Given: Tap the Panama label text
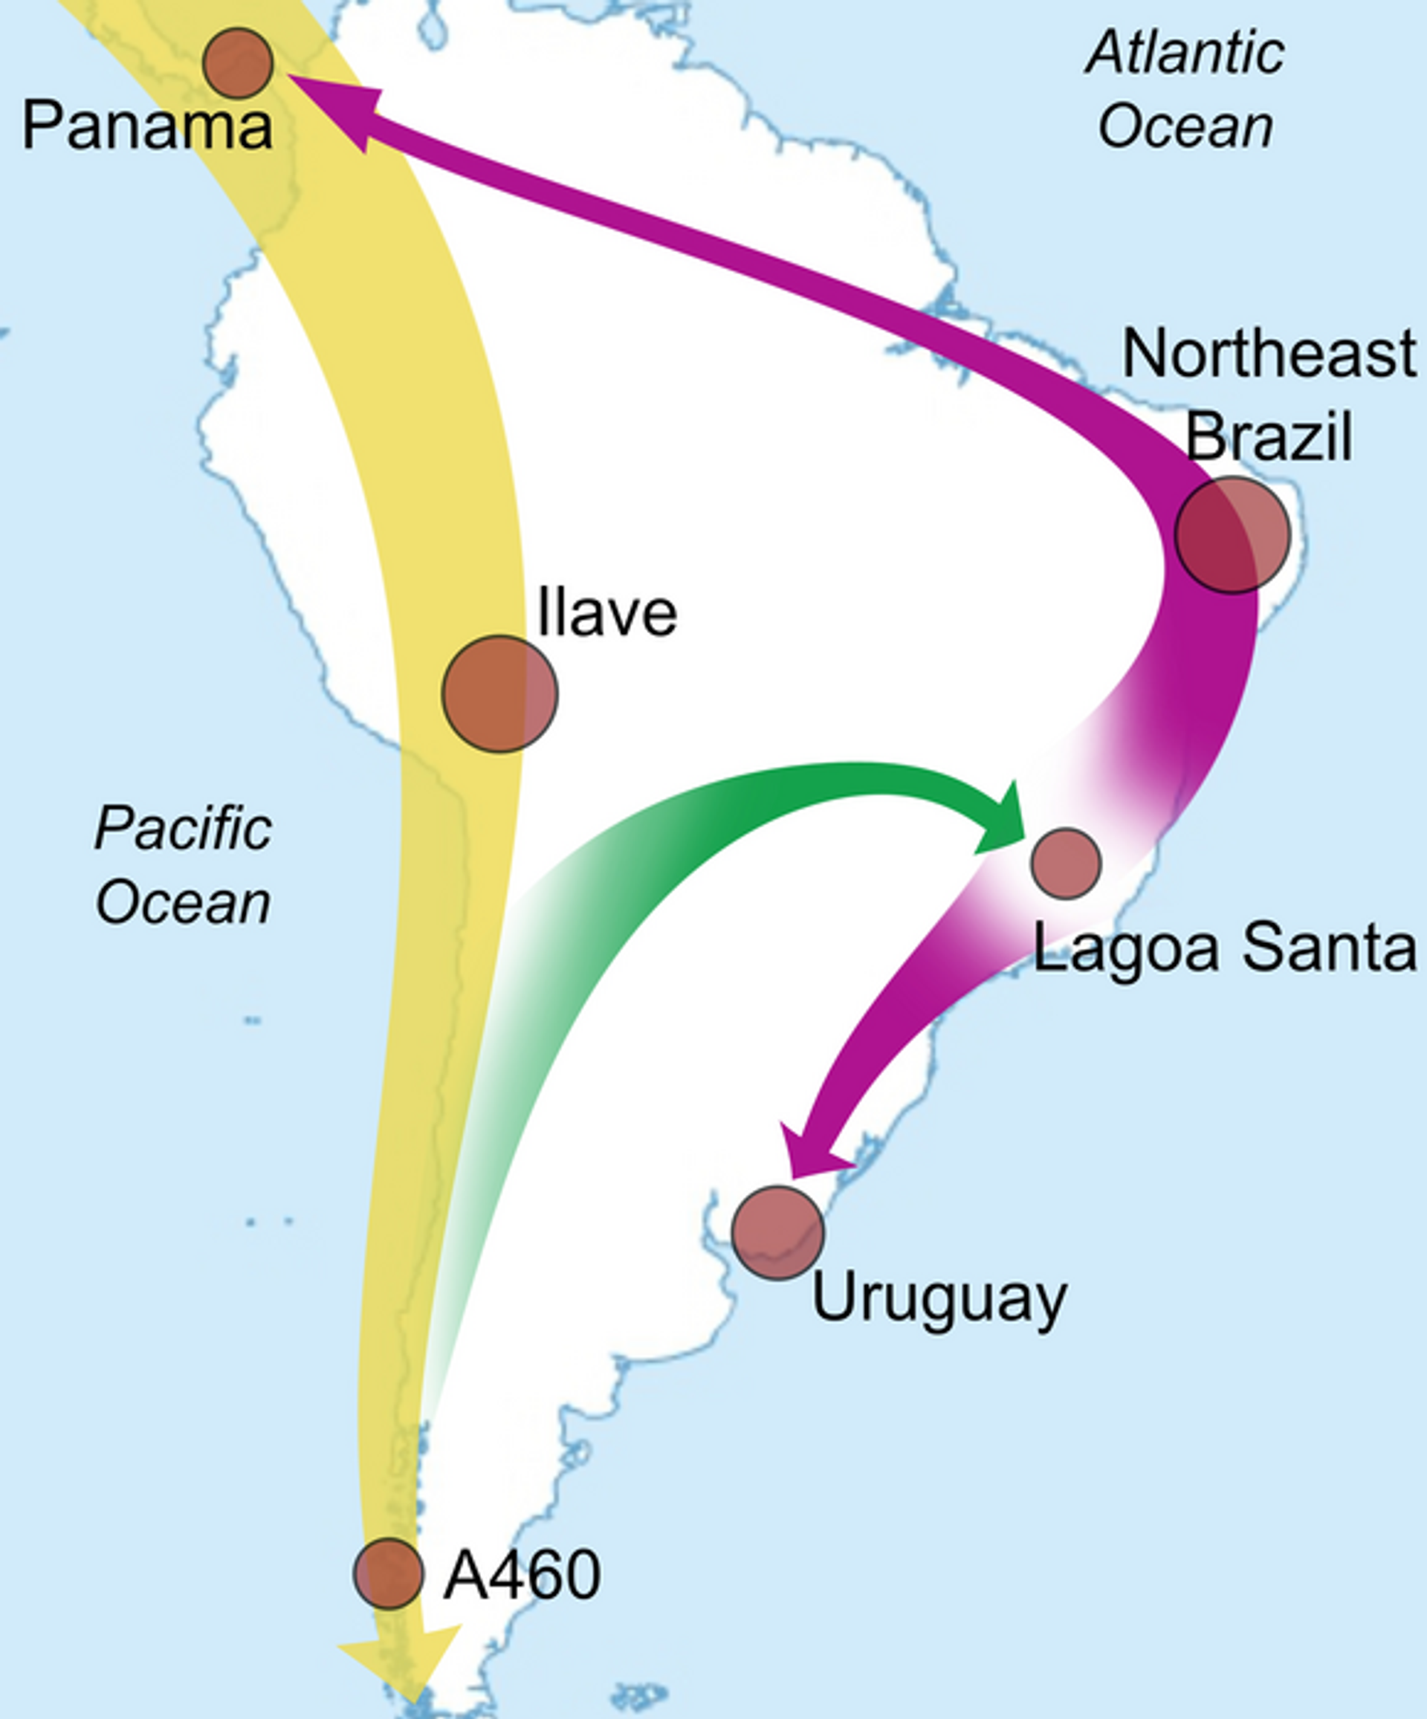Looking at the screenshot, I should (x=147, y=127).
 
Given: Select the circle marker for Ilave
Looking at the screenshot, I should (x=499, y=693).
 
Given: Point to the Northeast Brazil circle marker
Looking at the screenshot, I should (x=1232, y=534).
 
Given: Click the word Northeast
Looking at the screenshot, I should (x=1268, y=354).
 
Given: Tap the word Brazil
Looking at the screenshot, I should (x=1268, y=436).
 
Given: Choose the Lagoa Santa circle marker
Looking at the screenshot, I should (x=1065, y=864).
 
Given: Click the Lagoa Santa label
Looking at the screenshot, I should (x=1224, y=948).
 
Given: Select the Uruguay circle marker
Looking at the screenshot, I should (x=777, y=1232).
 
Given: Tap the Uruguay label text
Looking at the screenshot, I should (x=938, y=1299).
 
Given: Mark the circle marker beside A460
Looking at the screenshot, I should (x=388, y=1573).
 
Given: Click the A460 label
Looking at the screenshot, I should (x=522, y=1576).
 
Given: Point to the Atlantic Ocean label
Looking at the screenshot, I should (x=1185, y=90).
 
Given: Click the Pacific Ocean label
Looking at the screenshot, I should (x=184, y=865).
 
